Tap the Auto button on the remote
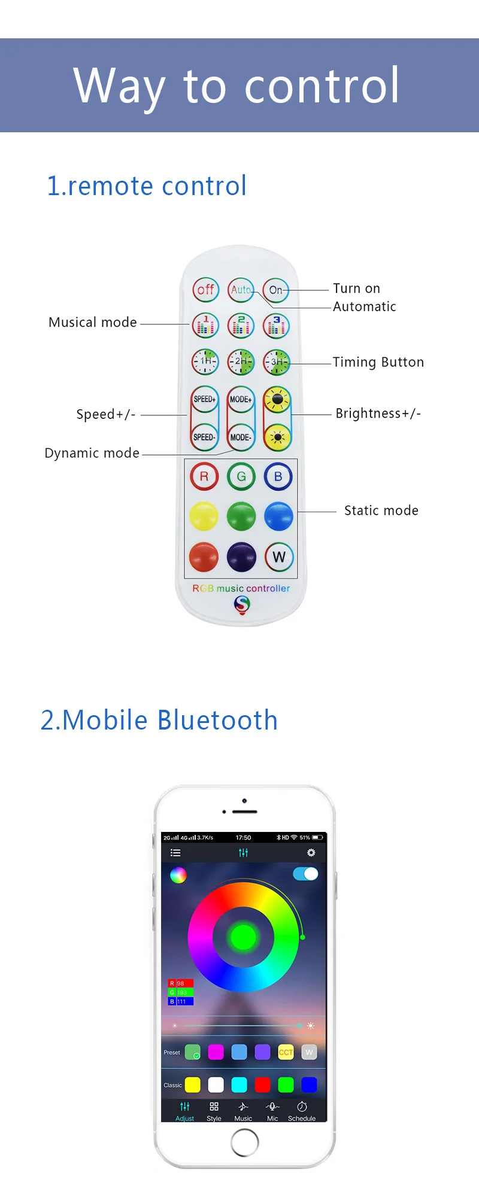241,290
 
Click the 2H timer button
241,361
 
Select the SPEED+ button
205,399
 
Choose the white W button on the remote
278,557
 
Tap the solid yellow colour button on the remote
204,516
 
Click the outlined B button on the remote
278,477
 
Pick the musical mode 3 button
277,326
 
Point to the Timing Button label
378,362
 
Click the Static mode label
381,511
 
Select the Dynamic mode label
92,453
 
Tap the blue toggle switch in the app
305,874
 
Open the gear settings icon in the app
311,852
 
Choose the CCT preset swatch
286,1052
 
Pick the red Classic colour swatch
262,1084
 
